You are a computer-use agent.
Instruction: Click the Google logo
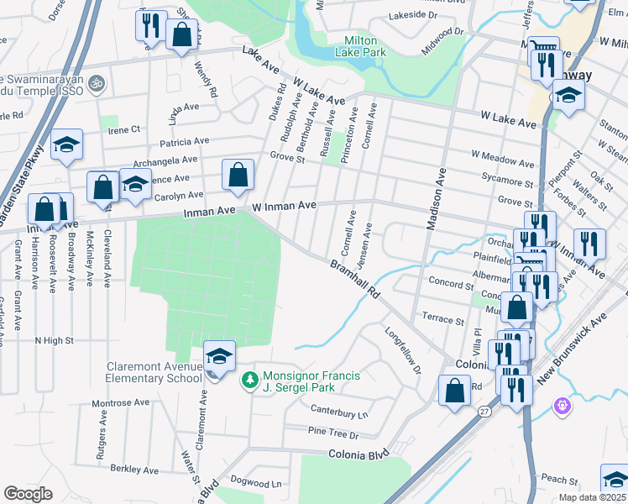pos(29,493)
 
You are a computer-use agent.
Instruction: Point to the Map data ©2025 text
pos(592,497)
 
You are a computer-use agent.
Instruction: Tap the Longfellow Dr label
pos(402,355)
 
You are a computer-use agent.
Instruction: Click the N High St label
pos(54,341)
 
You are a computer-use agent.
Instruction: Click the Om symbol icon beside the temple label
pos(96,83)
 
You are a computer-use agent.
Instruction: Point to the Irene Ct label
pos(123,129)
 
